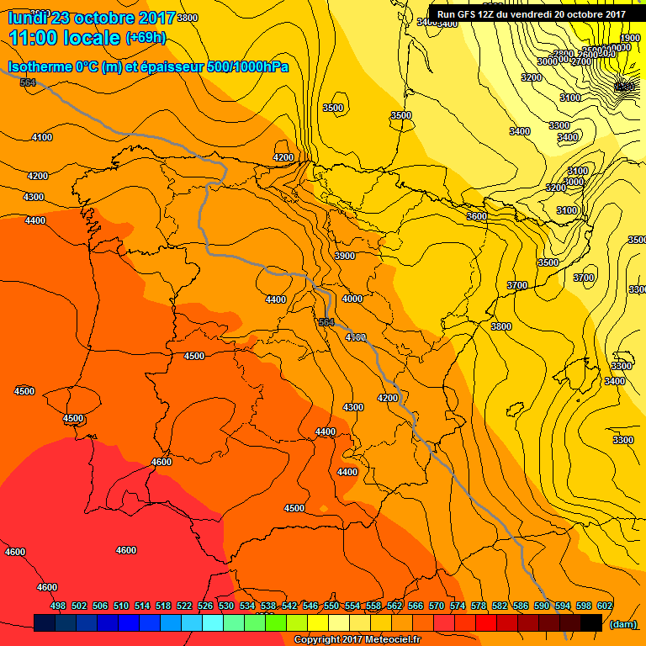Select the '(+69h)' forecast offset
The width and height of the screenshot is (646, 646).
tap(146, 38)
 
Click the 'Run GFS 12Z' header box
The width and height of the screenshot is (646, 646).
tap(531, 13)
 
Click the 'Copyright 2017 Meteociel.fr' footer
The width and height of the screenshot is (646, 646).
tap(357, 640)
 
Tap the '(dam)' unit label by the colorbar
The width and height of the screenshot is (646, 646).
tap(622, 623)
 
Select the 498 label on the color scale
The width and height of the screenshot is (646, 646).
tap(58, 606)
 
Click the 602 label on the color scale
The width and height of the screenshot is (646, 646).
tap(605, 606)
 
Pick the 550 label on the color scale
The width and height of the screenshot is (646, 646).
tap(331, 606)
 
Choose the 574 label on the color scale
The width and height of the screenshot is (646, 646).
tap(458, 606)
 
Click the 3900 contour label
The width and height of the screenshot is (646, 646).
tap(345, 256)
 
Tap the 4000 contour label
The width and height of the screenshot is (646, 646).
tap(352, 299)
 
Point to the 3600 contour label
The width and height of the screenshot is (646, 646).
tap(477, 216)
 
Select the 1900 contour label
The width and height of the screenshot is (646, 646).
tap(630, 38)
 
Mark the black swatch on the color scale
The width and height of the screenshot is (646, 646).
tap(591, 622)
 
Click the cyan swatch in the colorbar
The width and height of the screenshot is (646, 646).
tap(213, 622)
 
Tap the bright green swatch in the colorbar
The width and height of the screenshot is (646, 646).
tap(276, 622)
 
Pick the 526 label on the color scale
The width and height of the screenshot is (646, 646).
tap(205, 606)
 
